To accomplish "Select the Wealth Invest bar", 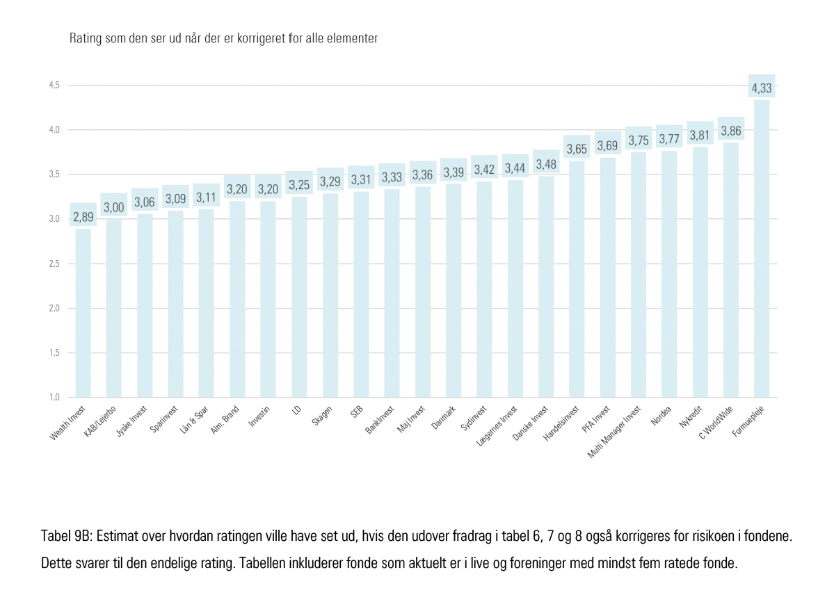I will click(x=83, y=313).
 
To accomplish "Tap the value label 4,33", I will click(x=762, y=88).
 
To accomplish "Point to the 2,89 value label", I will click(x=83, y=217).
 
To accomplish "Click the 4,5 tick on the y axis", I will click(x=54, y=85).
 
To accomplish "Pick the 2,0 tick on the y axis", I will click(x=54, y=308).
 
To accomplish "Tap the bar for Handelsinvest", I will click(x=577, y=279).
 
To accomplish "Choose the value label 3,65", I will click(x=577, y=149).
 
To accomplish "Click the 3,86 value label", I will click(x=731, y=131).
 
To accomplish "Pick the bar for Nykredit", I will click(x=700, y=272).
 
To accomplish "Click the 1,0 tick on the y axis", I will click(x=54, y=397).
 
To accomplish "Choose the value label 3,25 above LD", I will click(x=300, y=185).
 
